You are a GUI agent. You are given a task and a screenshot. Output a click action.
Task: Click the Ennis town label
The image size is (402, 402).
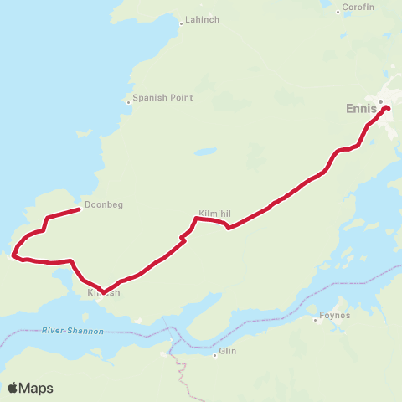pyautogui.click(x=362, y=108)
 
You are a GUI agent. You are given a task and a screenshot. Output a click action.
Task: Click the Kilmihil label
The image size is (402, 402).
pyautogui.click(x=213, y=214)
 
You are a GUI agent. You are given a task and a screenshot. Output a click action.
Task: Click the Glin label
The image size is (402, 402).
pyautogui.click(x=228, y=353)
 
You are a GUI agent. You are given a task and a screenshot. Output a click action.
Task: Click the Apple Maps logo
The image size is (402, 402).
pyautogui.click(x=30, y=388)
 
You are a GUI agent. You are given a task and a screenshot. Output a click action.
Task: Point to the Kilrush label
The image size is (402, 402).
pyautogui.click(x=105, y=294)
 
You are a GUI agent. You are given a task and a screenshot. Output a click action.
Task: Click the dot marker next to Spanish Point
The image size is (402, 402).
pyautogui.click(x=128, y=102)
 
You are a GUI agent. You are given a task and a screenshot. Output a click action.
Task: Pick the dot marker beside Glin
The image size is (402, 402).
pyautogui.click(x=215, y=355)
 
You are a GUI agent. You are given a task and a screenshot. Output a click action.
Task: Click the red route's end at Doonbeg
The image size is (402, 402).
pyautogui.click(x=79, y=209)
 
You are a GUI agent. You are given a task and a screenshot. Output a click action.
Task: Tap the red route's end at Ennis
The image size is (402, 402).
pyautogui.click(x=388, y=107)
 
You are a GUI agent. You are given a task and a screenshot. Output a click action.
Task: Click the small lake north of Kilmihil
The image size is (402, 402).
pyautogui.click(x=204, y=153)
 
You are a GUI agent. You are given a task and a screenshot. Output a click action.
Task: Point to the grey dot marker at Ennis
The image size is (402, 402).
pyautogui.click(x=381, y=102)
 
